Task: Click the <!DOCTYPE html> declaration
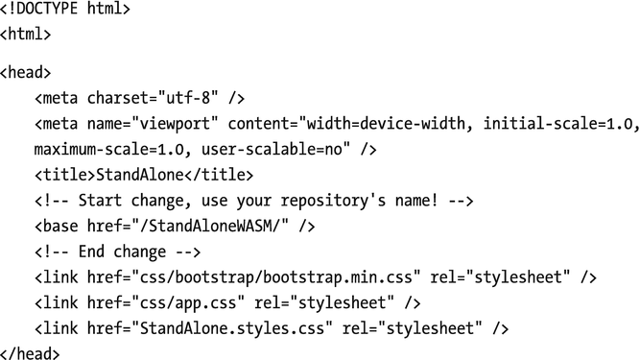[x=65, y=11]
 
